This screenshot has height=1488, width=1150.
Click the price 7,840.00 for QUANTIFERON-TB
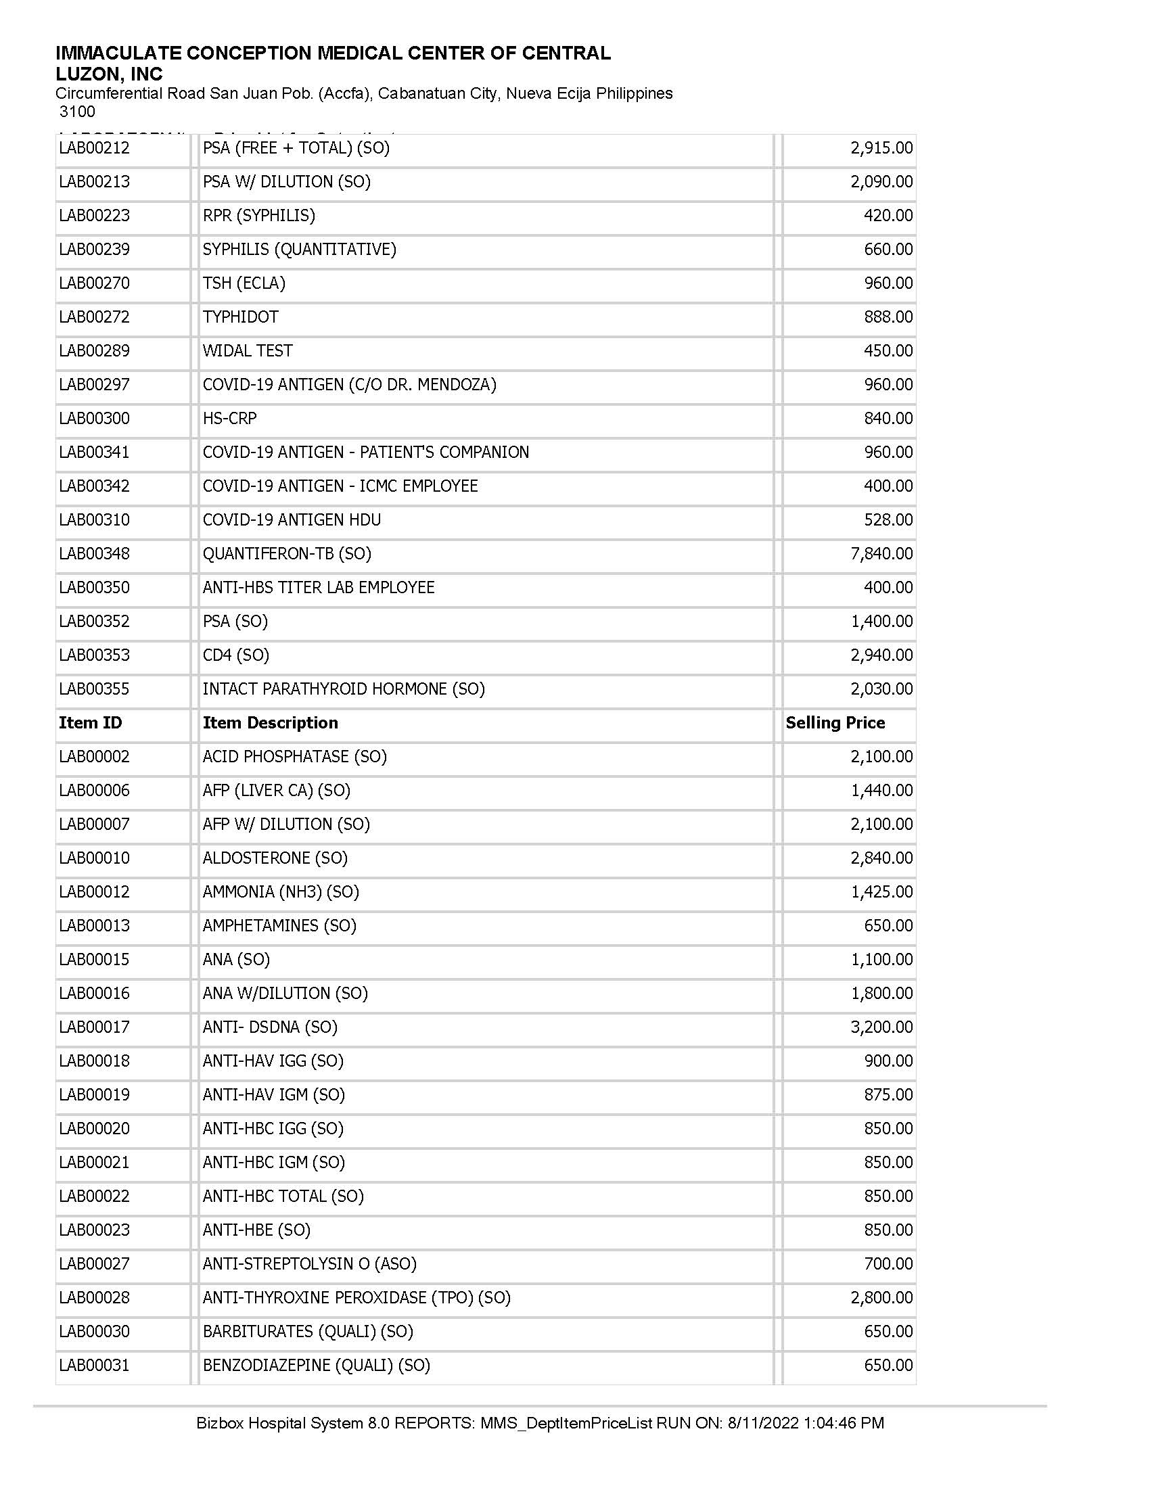881,554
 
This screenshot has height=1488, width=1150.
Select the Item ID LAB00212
94,148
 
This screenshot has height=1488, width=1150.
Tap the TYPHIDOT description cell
241,317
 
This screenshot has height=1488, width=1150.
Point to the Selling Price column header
835,723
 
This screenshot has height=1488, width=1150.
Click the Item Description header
270,723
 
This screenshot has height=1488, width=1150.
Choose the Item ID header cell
90,723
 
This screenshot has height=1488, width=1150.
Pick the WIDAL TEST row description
248,351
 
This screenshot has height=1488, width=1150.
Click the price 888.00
888,317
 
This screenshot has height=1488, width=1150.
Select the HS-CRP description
229,418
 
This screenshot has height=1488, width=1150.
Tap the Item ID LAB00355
94,689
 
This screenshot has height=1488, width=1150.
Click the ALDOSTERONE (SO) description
275,858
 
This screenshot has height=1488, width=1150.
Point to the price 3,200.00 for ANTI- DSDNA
881,1027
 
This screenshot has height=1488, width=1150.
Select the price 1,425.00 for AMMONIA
881,892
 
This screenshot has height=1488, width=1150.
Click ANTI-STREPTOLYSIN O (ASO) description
309,1264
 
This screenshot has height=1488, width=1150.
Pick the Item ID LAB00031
94,1366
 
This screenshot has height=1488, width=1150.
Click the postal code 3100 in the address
77,112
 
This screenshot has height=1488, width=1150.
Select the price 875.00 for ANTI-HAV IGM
888,1095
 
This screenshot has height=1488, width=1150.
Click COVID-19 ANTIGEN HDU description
292,520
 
